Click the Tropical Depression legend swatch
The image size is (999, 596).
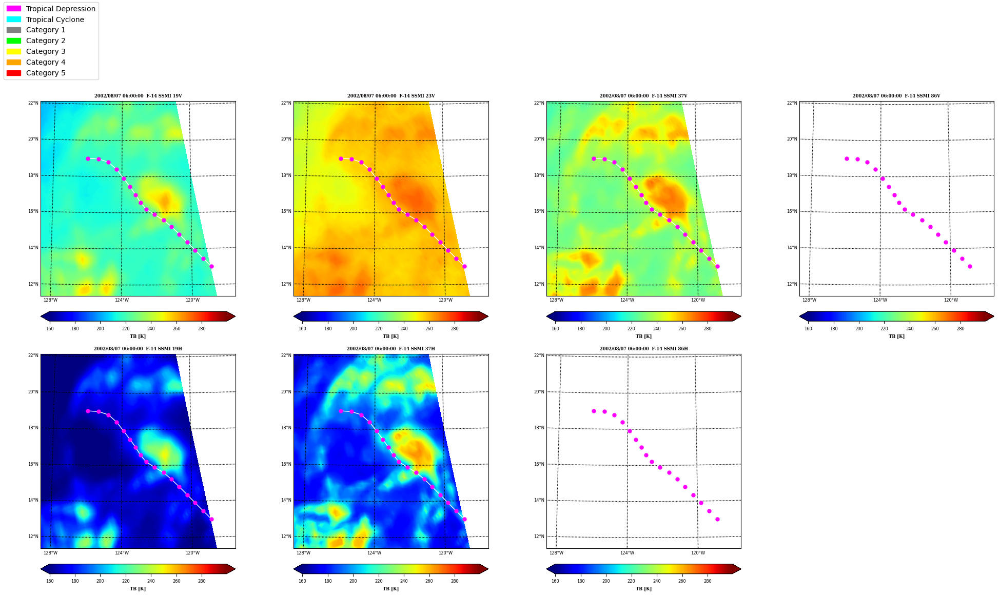[x=14, y=9]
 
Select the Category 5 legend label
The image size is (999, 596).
[x=46, y=73]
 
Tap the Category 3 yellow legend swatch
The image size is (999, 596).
[x=14, y=51]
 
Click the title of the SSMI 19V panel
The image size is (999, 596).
[x=138, y=96]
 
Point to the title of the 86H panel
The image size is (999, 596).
[x=644, y=349]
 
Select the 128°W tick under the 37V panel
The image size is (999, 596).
[x=556, y=300]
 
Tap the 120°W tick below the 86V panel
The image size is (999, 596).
[x=951, y=300]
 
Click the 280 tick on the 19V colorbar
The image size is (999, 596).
[x=202, y=329]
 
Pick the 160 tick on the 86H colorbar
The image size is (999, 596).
[x=555, y=581]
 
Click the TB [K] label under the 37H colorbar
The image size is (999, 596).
[x=390, y=589]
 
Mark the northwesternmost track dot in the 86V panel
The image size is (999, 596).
[x=847, y=158]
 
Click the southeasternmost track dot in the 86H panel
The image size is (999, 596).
[x=717, y=519]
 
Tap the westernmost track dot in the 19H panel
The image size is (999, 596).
[x=88, y=411]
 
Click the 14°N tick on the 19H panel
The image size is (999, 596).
[x=33, y=500]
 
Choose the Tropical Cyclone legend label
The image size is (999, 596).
[x=55, y=19]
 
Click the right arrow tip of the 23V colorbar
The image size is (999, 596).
[x=488, y=316]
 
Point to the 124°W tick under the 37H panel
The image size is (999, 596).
[x=374, y=553]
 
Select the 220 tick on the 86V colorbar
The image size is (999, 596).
[x=884, y=329]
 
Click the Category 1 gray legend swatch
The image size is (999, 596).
[x=14, y=30]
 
